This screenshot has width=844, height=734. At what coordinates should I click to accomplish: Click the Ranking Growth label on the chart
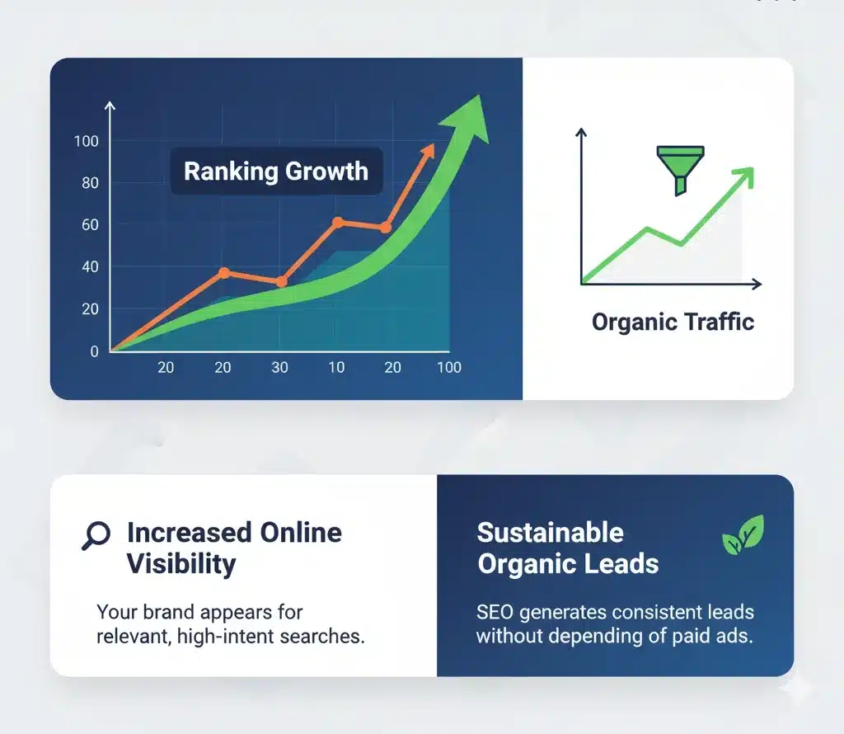click(276, 172)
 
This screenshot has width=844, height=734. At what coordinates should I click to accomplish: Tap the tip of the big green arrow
click(476, 101)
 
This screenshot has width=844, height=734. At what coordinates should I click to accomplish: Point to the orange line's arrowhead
click(428, 150)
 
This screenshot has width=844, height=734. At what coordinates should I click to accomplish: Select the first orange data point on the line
click(223, 273)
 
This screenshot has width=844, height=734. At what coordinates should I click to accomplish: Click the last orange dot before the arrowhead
click(385, 228)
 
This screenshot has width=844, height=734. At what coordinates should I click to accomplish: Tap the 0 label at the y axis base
click(94, 351)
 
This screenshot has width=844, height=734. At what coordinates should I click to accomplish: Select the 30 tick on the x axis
click(279, 368)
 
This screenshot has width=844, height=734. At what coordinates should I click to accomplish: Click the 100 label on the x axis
click(449, 368)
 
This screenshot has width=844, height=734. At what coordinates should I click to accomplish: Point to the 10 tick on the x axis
click(336, 368)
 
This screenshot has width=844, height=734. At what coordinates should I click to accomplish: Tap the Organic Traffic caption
click(673, 322)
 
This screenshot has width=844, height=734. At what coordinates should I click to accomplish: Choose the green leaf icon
click(743, 535)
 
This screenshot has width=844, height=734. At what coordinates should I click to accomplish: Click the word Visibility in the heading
click(181, 564)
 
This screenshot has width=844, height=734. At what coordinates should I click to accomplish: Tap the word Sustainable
click(550, 533)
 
